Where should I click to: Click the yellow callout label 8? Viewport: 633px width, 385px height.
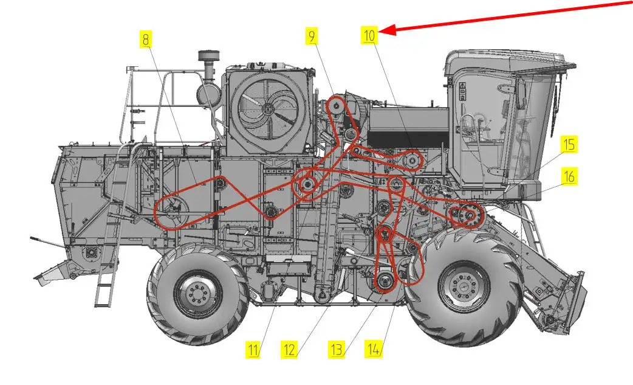point(146,39)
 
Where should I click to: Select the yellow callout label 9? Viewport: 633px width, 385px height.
point(311,36)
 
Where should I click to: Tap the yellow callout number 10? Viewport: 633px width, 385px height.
point(369,35)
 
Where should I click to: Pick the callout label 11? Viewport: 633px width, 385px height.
point(253,350)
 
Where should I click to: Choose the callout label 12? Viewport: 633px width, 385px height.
point(289,350)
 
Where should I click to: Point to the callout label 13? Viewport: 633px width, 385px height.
point(337,350)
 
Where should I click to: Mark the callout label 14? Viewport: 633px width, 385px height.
point(374,349)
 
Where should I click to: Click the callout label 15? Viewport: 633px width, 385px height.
point(569,145)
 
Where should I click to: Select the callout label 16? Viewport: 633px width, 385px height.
point(569,176)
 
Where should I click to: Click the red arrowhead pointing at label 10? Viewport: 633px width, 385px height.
point(387,30)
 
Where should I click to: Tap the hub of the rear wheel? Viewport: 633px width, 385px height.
point(198,292)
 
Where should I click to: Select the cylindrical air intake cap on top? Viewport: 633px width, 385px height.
point(208,56)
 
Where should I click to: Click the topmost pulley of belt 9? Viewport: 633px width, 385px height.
point(336,105)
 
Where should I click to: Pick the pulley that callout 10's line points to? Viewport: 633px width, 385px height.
point(411,161)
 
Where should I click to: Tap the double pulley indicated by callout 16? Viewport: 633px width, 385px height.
point(469,215)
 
